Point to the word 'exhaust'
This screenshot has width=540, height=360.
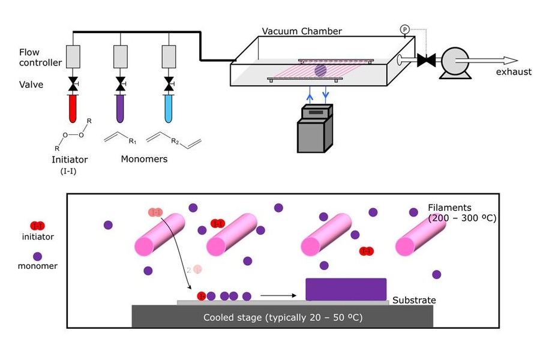[x=513, y=72]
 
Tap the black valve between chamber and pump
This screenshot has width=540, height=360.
[x=427, y=60]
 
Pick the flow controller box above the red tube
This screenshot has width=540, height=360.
[x=73, y=57]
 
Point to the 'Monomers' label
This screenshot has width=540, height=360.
[x=144, y=159]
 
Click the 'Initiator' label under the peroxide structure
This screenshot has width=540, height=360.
[x=70, y=160]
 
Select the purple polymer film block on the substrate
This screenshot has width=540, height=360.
[x=346, y=289]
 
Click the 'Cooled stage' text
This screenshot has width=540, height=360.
[x=283, y=317]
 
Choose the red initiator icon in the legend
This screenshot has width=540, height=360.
[x=37, y=226]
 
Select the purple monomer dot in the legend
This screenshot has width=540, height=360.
[x=37, y=256]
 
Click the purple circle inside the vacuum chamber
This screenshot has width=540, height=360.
[x=320, y=70]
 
